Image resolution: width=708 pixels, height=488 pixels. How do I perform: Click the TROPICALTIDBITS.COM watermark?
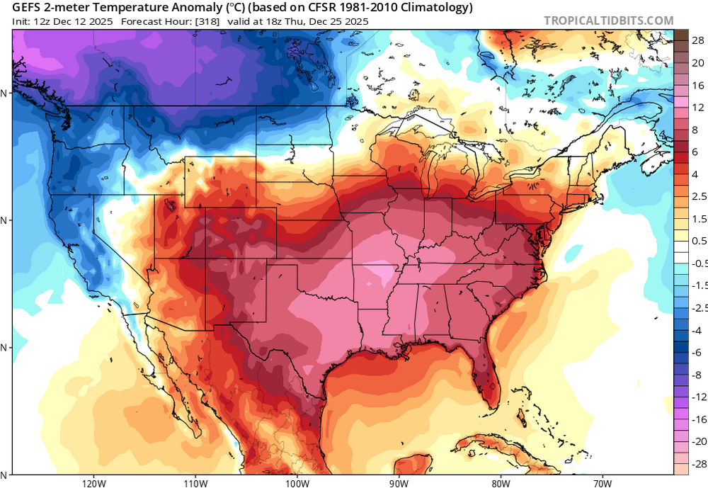(608, 21)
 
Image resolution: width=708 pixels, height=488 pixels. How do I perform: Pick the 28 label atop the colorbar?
(698, 40)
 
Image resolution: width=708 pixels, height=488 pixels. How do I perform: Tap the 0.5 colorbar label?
(698, 241)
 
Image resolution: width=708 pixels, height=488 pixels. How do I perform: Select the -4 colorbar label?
(697, 330)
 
